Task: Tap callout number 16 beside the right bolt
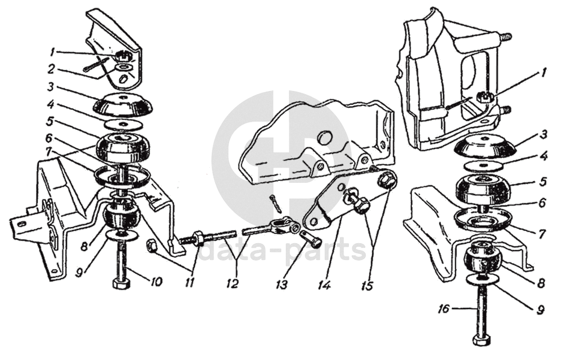pos(444,308)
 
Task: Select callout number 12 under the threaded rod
pos(233,283)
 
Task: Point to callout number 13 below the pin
pos(281,285)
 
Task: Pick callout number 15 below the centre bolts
pos(367,286)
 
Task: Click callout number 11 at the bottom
pos(189,283)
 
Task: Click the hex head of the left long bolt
pos(120,284)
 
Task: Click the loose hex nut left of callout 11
pos(150,246)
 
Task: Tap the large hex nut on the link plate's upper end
pos(387,179)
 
